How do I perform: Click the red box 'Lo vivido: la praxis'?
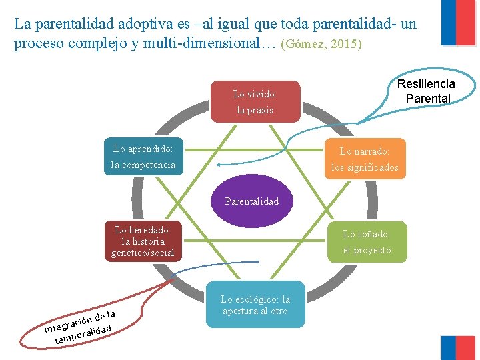click(x=255, y=102)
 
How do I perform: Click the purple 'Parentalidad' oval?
click(x=252, y=201)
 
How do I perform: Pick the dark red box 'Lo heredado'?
click(x=143, y=241)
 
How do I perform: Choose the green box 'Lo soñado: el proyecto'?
click(x=366, y=241)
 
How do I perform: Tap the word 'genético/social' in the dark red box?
click(x=143, y=253)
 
